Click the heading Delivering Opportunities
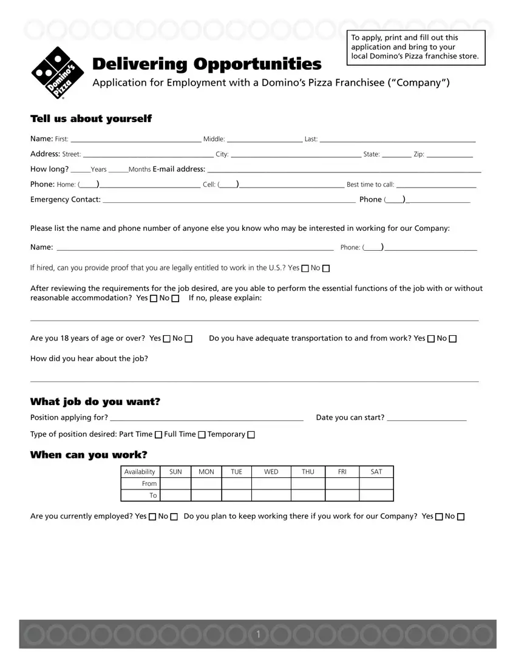206,64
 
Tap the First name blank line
135,138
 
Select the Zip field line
450,154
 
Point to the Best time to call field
436,184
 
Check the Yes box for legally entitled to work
305,268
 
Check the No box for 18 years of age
189,339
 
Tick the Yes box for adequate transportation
431,339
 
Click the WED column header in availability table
271,472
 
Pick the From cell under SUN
175,483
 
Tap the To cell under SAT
376,496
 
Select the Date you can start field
427,417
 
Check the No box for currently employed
174,517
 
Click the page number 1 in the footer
258,635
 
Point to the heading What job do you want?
95,402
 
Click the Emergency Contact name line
229,199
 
